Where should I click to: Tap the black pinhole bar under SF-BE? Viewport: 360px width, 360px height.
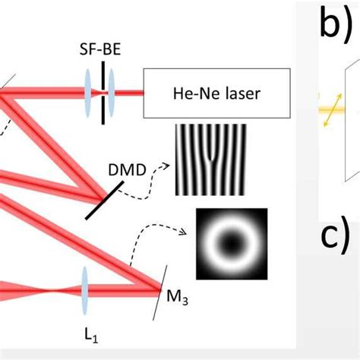[x=100, y=94]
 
